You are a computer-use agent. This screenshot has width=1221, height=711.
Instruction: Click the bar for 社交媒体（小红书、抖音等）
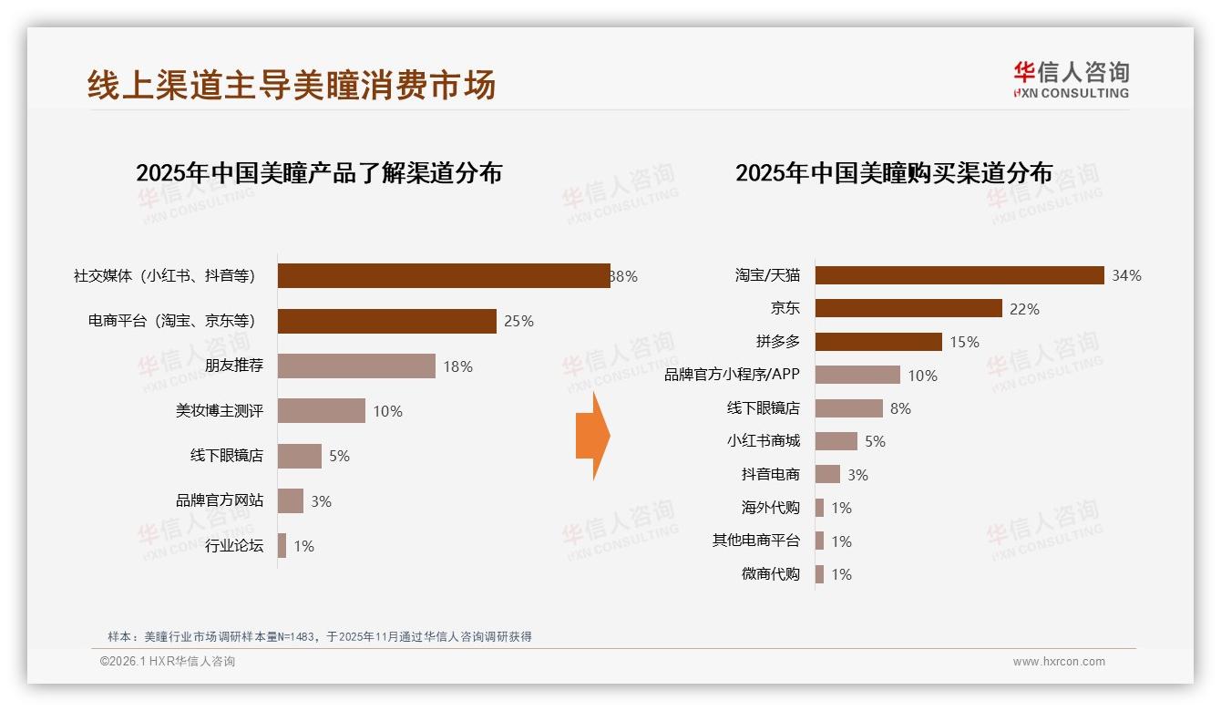[x=444, y=275]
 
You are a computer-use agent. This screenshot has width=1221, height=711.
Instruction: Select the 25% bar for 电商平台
[x=386, y=321]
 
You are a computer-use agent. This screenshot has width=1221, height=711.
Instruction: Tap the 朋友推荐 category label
[x=234, y=366]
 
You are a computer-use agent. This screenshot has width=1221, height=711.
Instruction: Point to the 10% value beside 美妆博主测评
[x=387, y=411]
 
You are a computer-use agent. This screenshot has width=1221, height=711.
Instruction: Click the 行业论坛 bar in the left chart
[x=282, y=546]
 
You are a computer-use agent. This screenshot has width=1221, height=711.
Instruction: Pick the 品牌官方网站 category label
[x=220, y=500]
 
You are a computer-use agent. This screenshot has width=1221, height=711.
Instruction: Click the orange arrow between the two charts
[x=592, y=436]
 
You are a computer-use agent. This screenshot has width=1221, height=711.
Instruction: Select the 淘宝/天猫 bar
[x=959, y=275]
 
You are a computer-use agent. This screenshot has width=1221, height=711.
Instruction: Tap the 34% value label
[x=1126, y=275]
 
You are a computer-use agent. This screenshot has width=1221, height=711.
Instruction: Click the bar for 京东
[x=908, y=308]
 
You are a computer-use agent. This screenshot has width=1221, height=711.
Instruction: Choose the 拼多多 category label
[x=777, y=342]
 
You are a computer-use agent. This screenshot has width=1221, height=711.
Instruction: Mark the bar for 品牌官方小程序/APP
[x=857, y=375]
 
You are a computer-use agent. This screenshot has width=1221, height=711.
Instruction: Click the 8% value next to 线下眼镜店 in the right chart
[x=900, y=408]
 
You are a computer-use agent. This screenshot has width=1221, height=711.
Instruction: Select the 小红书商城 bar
[x=836, y=441]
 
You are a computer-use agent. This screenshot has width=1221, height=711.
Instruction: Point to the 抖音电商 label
[x=770, y=474]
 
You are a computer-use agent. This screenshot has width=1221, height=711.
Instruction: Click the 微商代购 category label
[x=770, y=574]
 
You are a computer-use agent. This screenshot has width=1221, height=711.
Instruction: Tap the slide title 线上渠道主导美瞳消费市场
[x=292, y=85]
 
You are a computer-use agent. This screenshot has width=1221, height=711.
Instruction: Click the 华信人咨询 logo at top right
[x=1071, y=79]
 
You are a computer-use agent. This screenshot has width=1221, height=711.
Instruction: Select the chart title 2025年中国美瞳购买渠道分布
[x=894, y=172]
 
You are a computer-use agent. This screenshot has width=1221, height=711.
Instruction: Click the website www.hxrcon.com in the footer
[x=1059, y=662]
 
